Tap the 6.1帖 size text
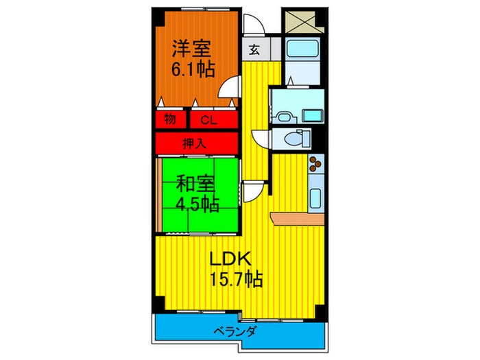tap(193, 69)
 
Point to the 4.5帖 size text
tap(197, 204)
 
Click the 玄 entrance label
tap(254, 49)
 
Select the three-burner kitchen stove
tap(315, 165)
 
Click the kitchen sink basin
tap(316, 197)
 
